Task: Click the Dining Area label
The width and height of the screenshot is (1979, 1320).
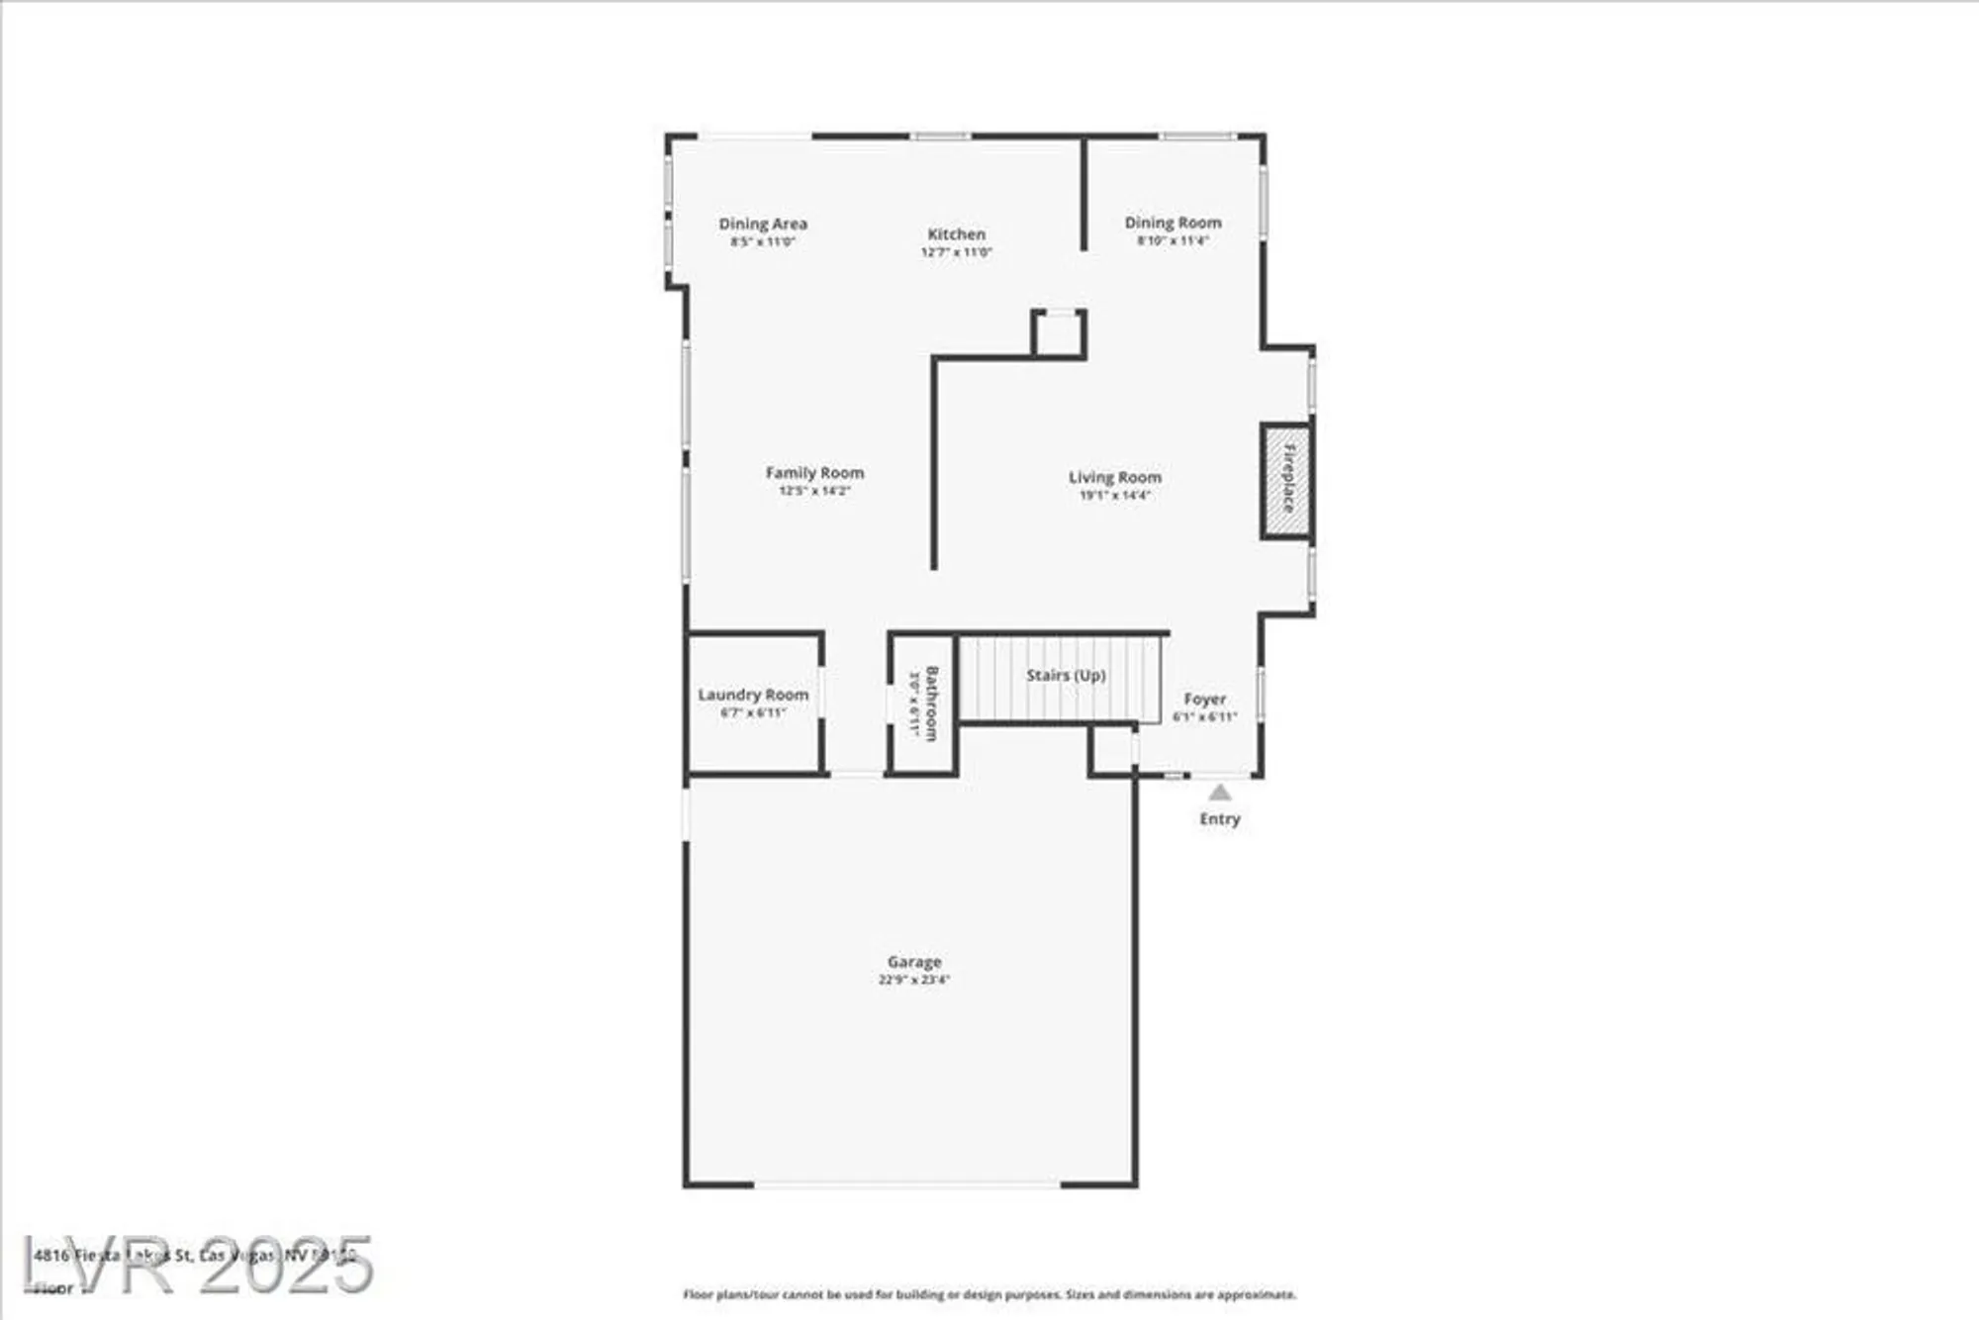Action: point(762,224)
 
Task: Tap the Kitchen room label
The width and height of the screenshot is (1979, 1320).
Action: point(956,235)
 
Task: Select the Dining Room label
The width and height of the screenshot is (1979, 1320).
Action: point(1173,223)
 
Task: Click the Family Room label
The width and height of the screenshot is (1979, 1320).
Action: point(814,473)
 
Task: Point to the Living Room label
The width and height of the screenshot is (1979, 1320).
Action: point(1114,477)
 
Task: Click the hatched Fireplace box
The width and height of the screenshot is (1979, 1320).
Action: point(1286,482)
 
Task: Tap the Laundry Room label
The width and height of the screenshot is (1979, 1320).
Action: point(753,695)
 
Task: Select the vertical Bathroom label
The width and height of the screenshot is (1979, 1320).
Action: point(931,703)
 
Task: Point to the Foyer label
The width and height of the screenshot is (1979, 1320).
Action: point(1204,699)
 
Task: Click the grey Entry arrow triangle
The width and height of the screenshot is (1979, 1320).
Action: point(1219,793)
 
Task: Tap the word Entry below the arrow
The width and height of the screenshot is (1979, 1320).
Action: point(1219,819)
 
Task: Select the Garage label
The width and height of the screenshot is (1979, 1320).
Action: point(913,962)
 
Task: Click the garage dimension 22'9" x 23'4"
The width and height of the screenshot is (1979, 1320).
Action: point(913,980)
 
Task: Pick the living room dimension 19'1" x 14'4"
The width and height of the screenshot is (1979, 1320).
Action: point(1114,495)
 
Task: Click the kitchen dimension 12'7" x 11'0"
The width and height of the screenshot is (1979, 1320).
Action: point(956,252)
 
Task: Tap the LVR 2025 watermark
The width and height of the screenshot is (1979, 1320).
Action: point(198,1265)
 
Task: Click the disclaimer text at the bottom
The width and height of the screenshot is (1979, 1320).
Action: point(989,1294)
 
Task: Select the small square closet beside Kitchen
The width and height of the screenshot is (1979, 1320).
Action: point(1059,334)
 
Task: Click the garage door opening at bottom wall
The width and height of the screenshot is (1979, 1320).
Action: point(907,1183)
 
